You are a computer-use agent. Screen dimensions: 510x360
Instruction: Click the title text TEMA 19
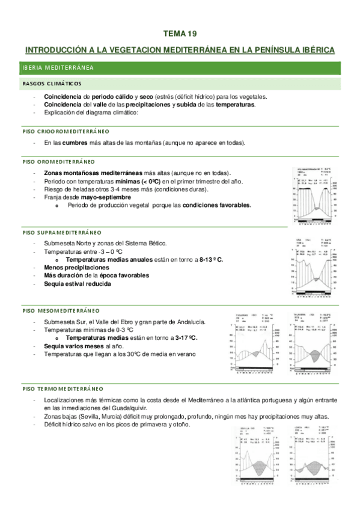click(x=180, y=34)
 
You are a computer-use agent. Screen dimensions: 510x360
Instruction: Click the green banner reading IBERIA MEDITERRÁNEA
click(x=56, y=68)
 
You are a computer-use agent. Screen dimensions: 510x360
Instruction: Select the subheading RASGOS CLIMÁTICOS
click(x=52, y=83)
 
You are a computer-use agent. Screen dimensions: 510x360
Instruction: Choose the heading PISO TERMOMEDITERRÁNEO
click(x=63, y=389)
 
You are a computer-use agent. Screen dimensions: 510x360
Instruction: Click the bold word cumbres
click(x=75, y=143)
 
